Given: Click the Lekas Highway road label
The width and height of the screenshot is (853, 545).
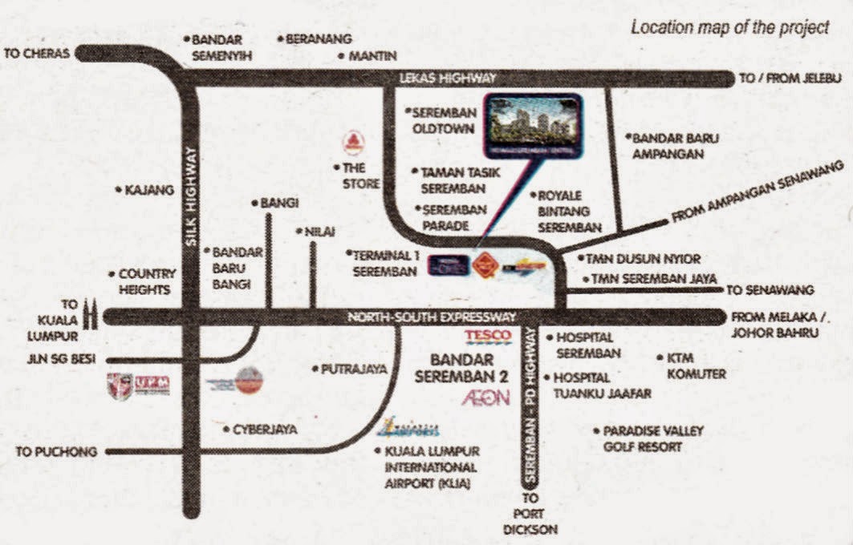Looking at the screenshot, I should (449, 78).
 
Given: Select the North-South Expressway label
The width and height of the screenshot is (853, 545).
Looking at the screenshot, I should (431, 317).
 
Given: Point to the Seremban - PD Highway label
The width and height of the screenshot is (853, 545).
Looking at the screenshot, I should (530, 408).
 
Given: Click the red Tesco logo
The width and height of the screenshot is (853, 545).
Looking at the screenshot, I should (488, 335).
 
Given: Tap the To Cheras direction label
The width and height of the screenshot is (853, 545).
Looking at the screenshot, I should (38, 54).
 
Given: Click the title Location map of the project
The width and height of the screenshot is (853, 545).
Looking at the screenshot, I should (729, 27).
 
